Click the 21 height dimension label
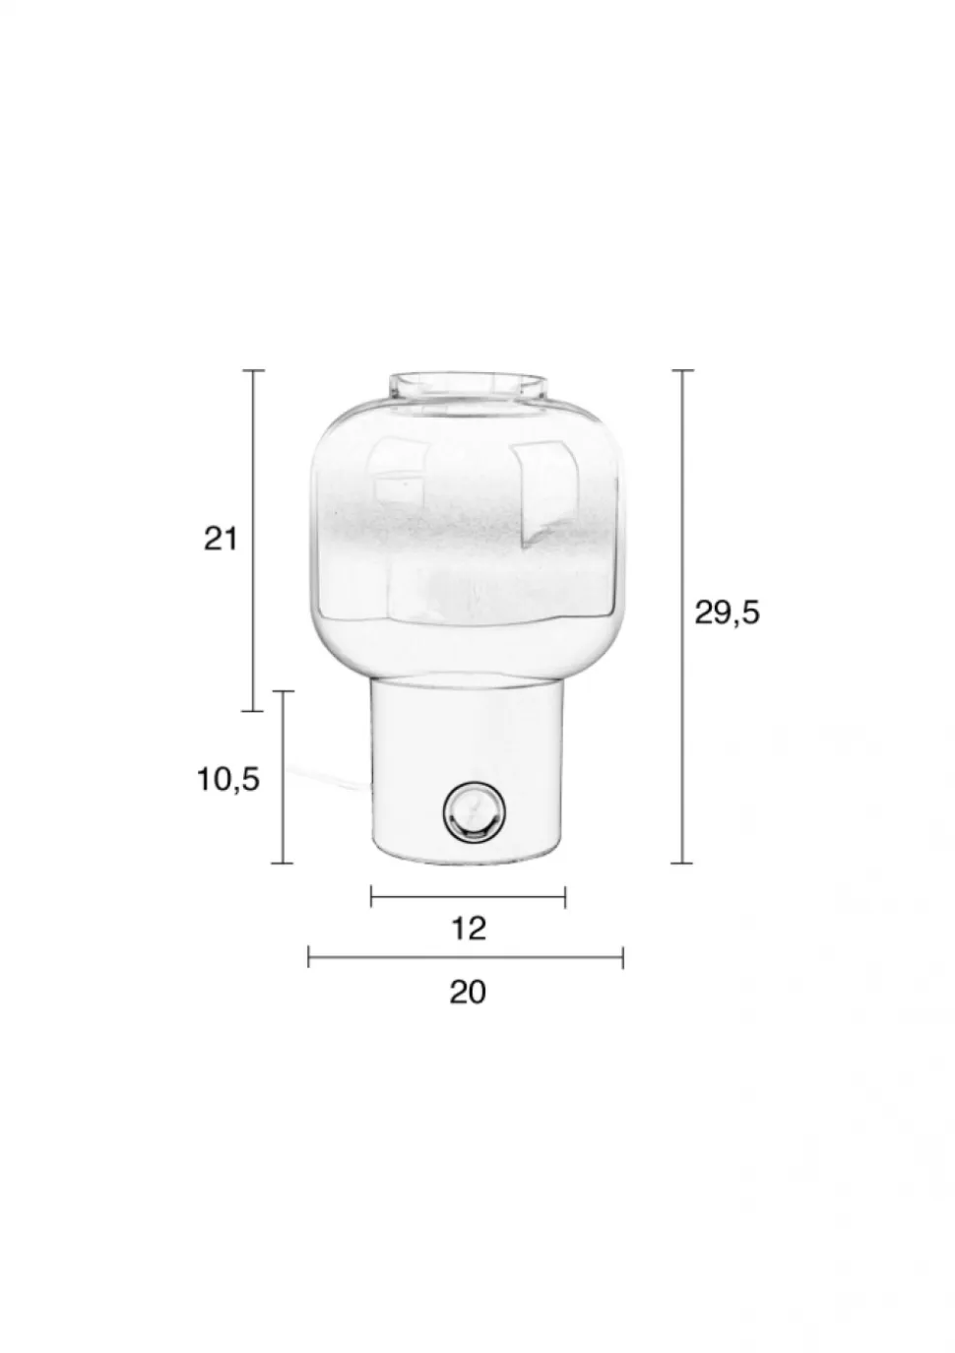point(221,539)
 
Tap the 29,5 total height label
point(727,613)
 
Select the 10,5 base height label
point(228,779)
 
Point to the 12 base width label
point(469,929)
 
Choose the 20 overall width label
point(468,992)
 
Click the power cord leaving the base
point(329,777)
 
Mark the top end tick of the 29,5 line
point(683,369)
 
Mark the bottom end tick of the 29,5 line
point(683,864)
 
